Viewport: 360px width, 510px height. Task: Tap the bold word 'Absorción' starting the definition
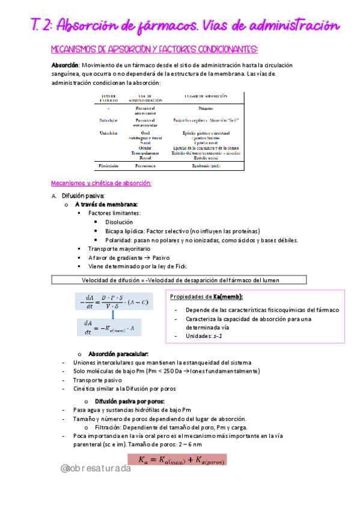pos(65,64)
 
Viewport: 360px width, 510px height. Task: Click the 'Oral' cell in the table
pos(145,133)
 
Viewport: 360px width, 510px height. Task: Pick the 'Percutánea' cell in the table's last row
pos(145,164)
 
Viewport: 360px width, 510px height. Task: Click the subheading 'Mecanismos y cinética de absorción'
pos(101,183)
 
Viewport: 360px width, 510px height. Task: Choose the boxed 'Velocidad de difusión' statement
pos(180,280)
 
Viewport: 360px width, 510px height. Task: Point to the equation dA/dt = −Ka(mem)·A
pos(111,328)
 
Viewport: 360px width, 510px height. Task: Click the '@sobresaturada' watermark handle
pos(96,468)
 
